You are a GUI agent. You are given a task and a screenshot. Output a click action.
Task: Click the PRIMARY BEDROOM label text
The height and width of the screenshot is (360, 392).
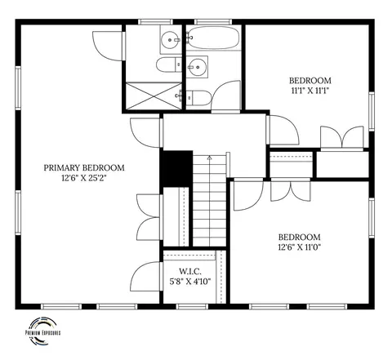click(x=84, y=167)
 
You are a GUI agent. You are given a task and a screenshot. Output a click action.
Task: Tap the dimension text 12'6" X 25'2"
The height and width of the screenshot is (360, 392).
click(x=84, y=178)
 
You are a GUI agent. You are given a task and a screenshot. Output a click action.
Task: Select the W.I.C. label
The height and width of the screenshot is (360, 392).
click(x=190, y=271)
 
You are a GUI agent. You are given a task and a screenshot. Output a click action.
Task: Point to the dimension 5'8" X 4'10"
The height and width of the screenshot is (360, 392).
click(x=190, y=282)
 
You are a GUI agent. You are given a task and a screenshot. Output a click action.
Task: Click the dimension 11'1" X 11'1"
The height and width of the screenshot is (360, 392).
click(x=310, y=91)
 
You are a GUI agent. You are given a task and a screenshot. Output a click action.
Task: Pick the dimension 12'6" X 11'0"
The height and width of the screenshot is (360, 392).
click(x=300, y=247)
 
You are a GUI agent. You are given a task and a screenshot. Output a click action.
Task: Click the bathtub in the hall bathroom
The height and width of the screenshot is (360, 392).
click(x=213, y=38)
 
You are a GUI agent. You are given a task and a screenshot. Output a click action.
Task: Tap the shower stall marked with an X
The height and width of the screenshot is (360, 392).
click(x=154, y=96)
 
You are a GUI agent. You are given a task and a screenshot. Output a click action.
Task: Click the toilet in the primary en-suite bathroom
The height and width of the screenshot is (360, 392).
click(x=169, y=64)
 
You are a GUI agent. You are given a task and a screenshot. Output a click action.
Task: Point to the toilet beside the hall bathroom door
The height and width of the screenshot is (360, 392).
click(x=199, y=98)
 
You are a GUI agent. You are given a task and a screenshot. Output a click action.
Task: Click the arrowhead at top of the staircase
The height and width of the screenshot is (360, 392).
click(x=210, y=158)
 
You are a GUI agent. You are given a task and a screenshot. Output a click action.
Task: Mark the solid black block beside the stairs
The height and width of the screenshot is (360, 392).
click(x=176, y=169)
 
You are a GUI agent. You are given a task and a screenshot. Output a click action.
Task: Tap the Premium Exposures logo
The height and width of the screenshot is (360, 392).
click(x=42, y=331)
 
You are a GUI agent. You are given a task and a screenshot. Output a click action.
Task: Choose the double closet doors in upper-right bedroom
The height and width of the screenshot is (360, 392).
click(x=342, y=137)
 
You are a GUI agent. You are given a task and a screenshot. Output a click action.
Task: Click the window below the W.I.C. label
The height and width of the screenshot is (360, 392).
click(x=192, y=307)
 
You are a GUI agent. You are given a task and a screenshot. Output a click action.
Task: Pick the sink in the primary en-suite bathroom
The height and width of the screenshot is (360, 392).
click(x=171, y=40)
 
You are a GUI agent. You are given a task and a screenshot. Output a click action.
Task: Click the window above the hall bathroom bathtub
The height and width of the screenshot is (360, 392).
click(x=213, y=22)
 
